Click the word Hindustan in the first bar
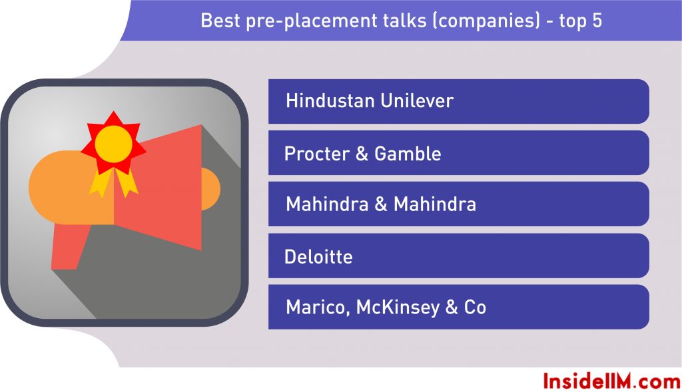330,100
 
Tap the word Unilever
417,100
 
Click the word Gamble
408,154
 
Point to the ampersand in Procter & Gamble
362,154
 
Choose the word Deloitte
318,256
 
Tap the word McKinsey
398,307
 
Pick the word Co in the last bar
475,307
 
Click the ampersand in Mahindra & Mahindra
380,204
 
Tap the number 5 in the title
597,21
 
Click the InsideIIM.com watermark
611,381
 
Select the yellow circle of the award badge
113,144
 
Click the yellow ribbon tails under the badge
113,182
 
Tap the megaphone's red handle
69,246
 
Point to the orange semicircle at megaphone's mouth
211,189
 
